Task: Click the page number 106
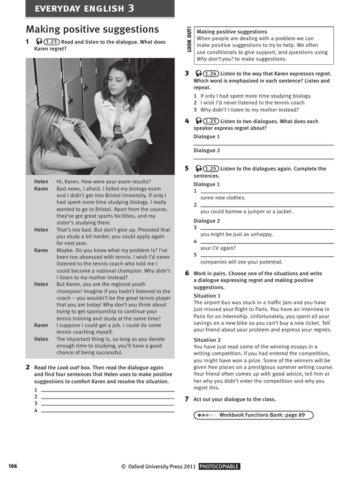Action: (x=13, y=466)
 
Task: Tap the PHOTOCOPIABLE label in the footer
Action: (x=219, y=466)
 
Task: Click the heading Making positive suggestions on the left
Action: (x=92, y=30)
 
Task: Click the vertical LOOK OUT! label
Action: (x=189, y=39)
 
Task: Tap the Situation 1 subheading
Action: (x=207, y=296)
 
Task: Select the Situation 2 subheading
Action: (x=207, y=340)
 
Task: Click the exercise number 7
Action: (x=187, y=399)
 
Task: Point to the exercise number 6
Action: (x=187, y=273)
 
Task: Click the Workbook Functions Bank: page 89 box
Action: (x=253, y=415)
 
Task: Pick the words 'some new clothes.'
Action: (x=223, y=198)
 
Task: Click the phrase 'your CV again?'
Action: (x=218, y=248)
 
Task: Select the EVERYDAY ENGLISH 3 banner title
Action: (x=84, y=8)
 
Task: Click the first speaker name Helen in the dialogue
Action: (x=41, y=182)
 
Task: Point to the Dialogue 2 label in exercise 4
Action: (x=207, y=150)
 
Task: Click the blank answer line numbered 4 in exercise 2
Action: (x=108, y=411)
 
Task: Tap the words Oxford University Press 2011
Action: (x=162, y=466)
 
